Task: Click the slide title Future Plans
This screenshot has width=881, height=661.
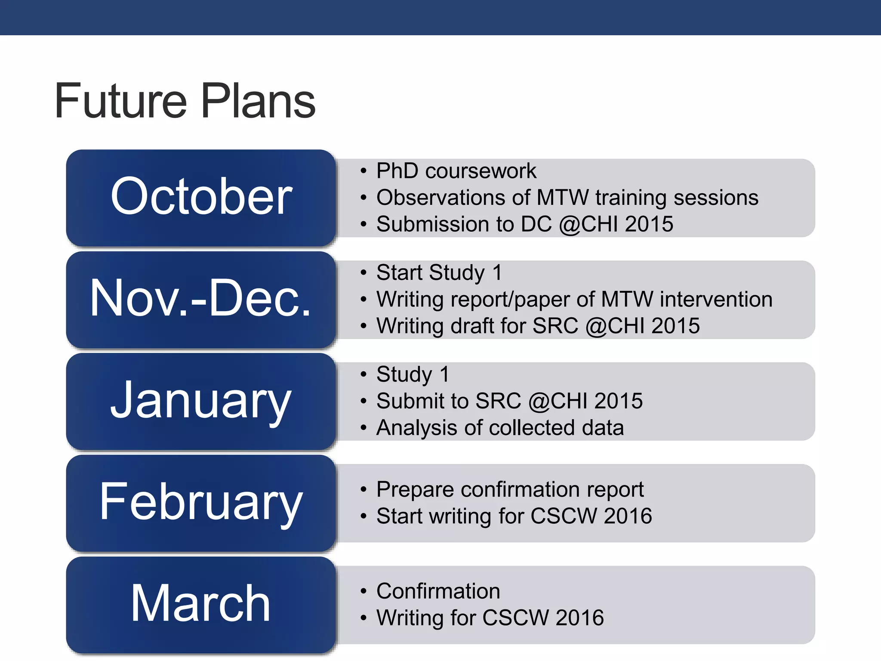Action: tap(185, 101)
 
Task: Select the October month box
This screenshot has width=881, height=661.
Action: tap(201, 197)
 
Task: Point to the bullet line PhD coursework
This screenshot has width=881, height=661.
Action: tap(456, 171)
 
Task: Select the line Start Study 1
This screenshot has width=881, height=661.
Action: tap(439, 273)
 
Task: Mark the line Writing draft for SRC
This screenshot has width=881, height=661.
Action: tap(538, 326)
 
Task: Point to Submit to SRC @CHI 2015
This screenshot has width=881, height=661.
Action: tap(509, 401)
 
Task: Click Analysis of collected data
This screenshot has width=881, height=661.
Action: tap(500, 428)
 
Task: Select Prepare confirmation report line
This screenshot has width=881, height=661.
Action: tap(510, 490)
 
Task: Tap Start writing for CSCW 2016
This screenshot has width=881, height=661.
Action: tap(514, 516)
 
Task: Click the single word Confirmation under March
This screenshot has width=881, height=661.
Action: tap(438, 591)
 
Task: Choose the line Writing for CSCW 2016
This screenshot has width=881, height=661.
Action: tap(490, 618)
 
